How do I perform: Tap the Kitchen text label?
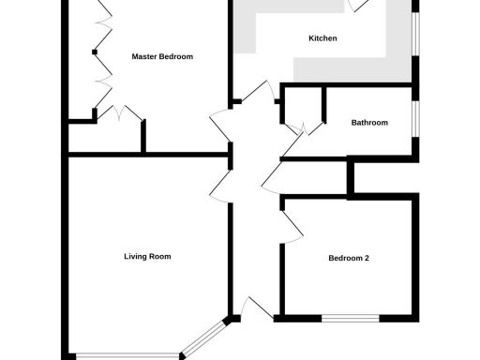322,38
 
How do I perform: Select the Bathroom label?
369,122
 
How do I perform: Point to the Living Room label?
147,256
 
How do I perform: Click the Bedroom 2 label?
349,259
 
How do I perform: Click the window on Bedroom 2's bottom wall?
351,318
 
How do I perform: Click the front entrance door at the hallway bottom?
254,308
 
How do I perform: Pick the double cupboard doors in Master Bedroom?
118,114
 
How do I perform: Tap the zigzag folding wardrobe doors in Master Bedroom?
98,56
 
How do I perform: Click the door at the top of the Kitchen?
357,6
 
